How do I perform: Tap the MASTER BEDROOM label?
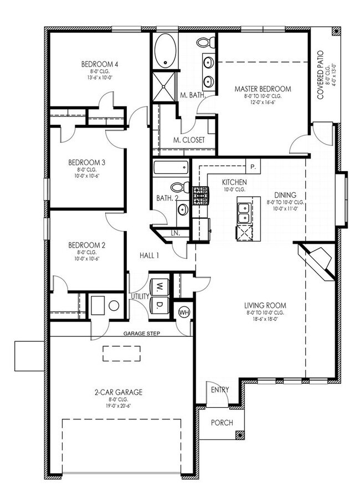click(x=262, y=89)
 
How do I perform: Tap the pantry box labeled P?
click(x=253, y=166)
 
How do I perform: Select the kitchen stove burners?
click(x=200, y=194)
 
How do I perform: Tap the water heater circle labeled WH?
click(x=183, y=312)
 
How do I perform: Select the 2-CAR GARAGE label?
click(x=119, y=392)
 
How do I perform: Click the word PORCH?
click(x=221, y=423)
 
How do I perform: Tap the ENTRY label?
click(x=220, y=390)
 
